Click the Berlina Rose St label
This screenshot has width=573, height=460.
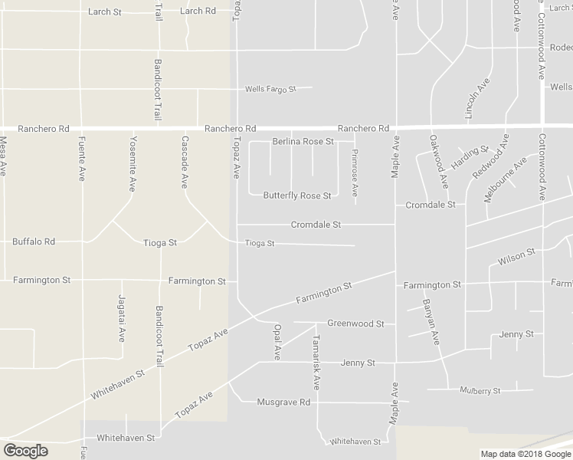click(303, 142)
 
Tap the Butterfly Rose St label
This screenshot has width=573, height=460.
click(296, 195)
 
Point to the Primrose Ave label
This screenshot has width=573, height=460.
click(355, 178)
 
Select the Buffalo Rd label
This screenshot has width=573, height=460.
click(34, 242)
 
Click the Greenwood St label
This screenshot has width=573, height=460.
click(355, 324)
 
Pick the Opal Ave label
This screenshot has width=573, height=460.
click(277, 341)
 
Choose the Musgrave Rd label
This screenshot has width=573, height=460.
click(283, 402)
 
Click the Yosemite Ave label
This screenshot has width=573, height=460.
click(132, 163)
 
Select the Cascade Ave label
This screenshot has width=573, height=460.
click(184, 163)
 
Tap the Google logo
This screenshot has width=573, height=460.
click(25, 451)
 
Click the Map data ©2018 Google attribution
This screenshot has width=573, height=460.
click(525, 454)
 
